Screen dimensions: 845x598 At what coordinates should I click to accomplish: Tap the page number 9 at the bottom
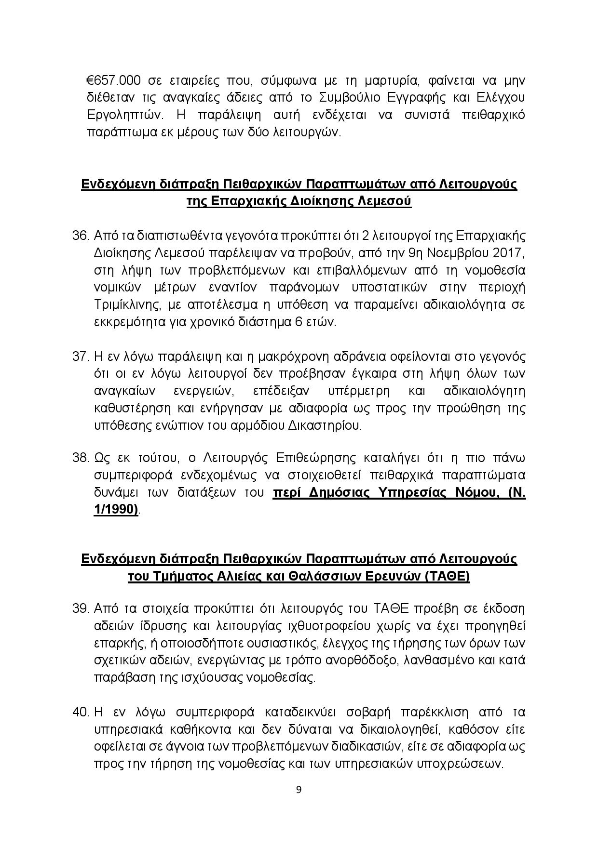click(x=299, y=789)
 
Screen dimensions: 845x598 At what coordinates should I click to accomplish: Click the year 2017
click(x=508, y=253)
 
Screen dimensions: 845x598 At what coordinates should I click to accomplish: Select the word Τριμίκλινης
click(x=123, y=305)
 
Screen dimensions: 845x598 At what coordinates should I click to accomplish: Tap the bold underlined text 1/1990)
click(x=116, y=509)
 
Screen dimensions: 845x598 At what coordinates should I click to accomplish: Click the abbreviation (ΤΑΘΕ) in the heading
click(x=447, y=577)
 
